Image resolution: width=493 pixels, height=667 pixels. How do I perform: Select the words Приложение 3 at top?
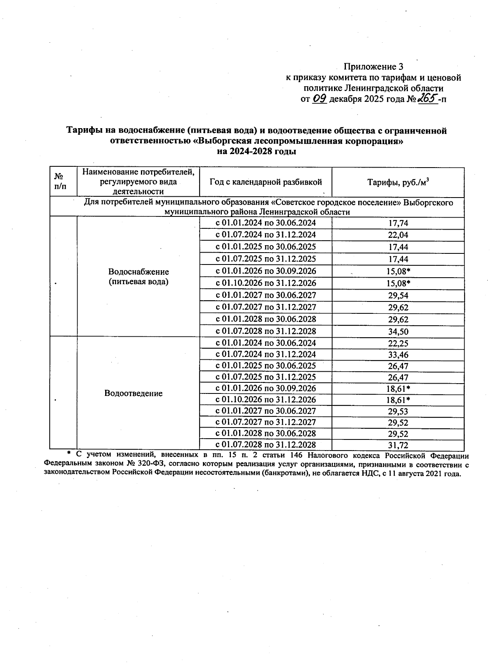click(x=373, y=67)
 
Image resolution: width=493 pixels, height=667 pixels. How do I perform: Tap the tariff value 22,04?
click(x=398, y=235)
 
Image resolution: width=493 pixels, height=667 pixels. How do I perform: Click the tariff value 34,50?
click(x=398, y=331)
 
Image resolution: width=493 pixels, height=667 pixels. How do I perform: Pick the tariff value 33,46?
click(x=398, y=354)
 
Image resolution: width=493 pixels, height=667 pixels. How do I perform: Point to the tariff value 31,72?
click(x=398, y=445)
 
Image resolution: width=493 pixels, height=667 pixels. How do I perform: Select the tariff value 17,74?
click(x=398, y=223)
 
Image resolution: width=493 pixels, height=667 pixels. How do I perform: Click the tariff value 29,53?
click(x=398, y=411)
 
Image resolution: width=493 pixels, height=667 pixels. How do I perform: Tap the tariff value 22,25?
click(x=398, y=343)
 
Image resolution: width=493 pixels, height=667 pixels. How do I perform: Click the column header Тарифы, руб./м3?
click(x=398, y=182)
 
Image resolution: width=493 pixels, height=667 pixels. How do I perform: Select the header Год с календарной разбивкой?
click(x=265, y=182)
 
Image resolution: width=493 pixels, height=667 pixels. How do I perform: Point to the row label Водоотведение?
click(x=133, y=393)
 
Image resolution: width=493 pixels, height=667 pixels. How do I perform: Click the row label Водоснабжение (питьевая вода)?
click(x=138, y=277)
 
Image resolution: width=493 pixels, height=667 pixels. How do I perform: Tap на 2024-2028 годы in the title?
click(x=256, y=152)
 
